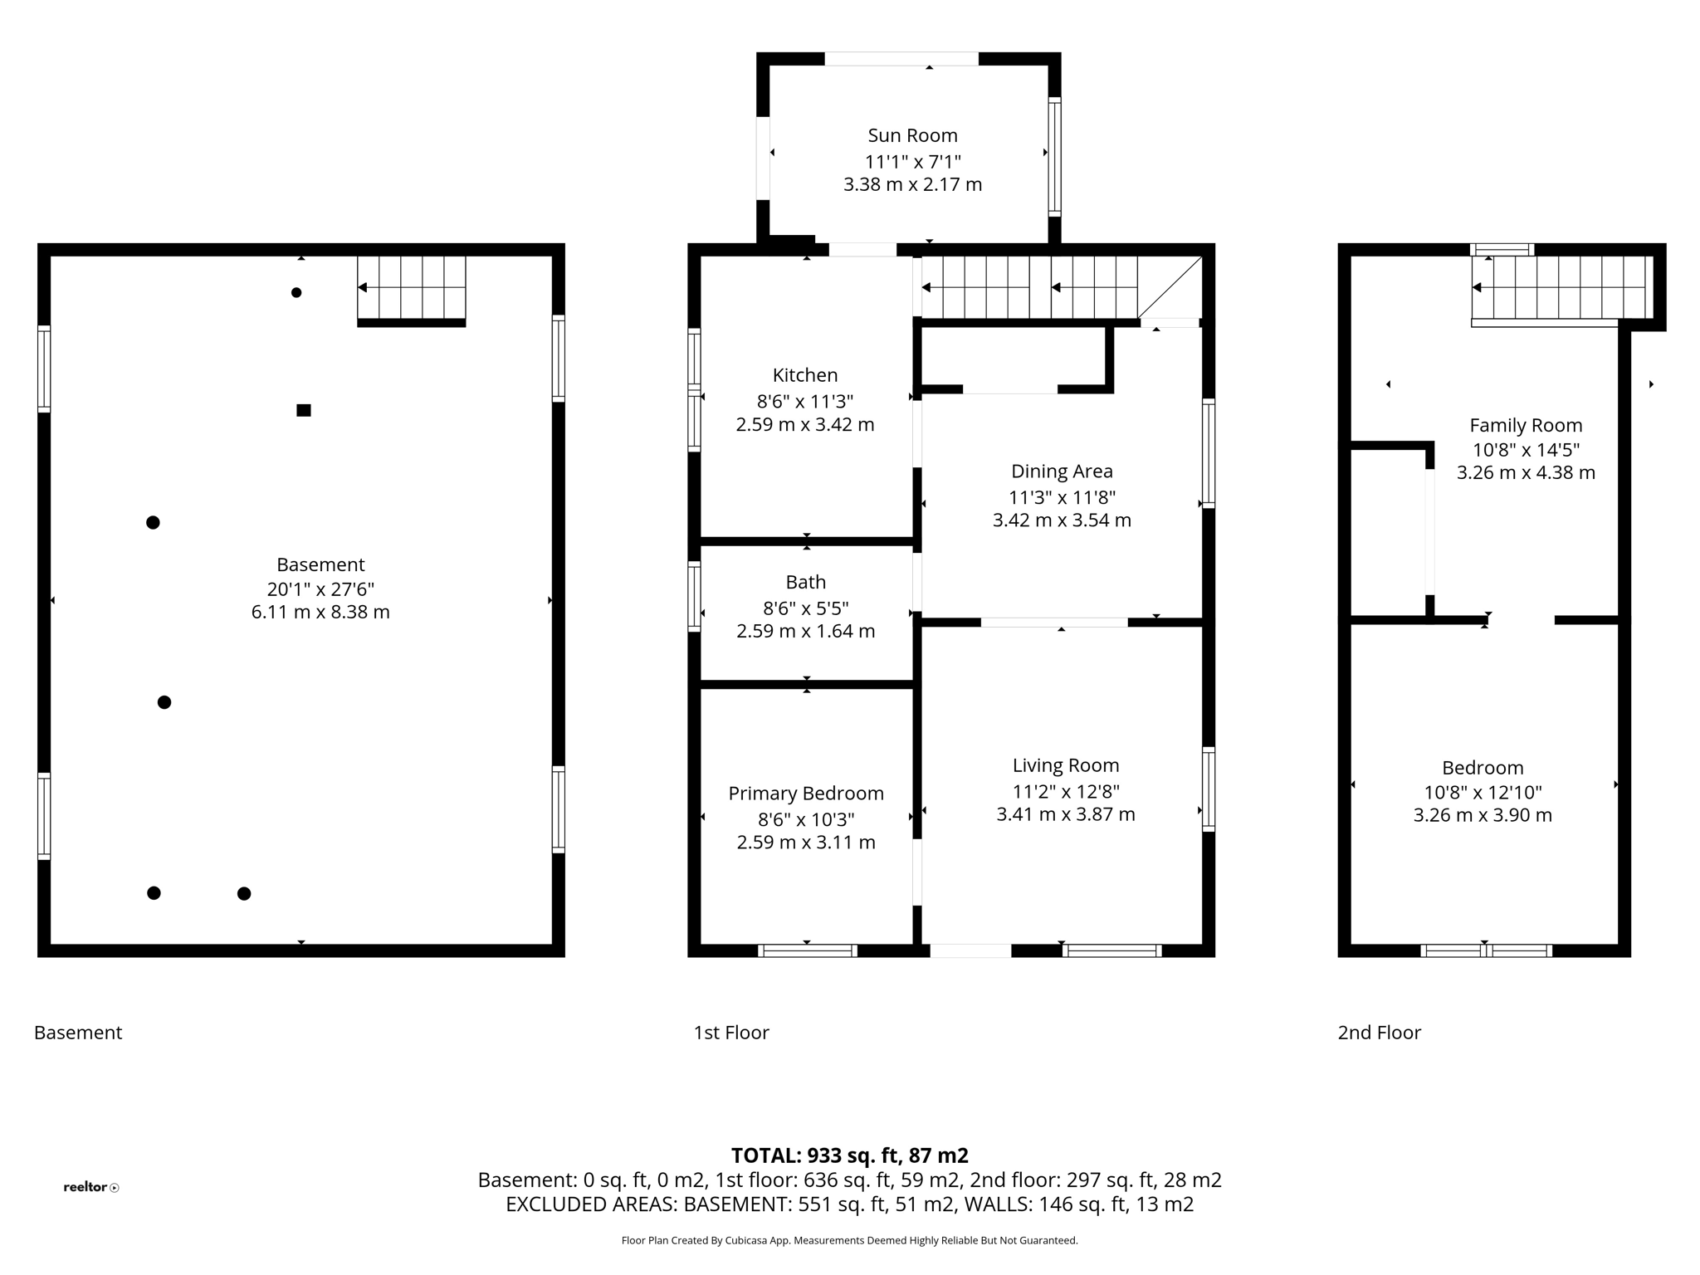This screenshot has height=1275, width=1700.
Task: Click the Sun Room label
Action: tap(912, 135)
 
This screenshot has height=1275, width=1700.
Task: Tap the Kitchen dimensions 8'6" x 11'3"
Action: tap(804, 402)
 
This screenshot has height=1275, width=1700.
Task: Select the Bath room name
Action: tap(805, 582)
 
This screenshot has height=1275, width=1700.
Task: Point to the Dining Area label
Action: tap(1062, 471)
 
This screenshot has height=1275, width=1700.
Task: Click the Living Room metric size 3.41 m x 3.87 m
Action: tap(1065, 814)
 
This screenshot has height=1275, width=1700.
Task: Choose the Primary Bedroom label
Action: tap(805, 794)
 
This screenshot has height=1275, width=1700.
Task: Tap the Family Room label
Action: tap(1525, 426)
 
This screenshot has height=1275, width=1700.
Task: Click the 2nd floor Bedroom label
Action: tap(1482, 768)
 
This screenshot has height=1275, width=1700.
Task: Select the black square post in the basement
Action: tap(304, 410)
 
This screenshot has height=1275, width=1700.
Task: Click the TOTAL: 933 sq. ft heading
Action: tap(849, 1155)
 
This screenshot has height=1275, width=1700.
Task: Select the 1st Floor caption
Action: tap(731, 1033)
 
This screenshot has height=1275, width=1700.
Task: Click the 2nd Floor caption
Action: tap(1379, 1033)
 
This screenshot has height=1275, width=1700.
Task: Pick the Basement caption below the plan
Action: tap(78, 1033)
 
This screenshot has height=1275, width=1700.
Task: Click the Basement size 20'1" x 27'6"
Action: tap(320, 589)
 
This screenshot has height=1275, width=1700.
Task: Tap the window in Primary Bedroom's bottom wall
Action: tap(808, 950)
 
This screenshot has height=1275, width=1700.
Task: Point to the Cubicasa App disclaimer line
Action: tap(849, 1241)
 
